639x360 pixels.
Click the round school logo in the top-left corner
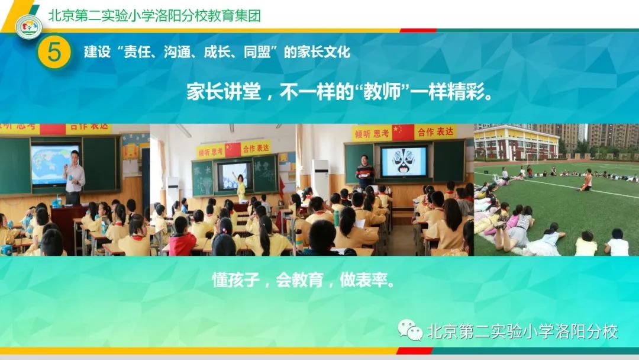click(28, 27)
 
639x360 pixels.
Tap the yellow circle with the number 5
click(54, 52)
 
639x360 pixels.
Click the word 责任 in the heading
click(131, 52)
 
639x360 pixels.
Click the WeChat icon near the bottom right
click(409, 330)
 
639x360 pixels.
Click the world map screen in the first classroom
click(54, 164)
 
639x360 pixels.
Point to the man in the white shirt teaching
click(74, 175)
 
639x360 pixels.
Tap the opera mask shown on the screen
click(404, 161)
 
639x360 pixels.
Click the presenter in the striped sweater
click(364, 172)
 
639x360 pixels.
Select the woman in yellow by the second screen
click(241, 186)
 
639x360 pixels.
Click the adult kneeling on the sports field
click(586, 180)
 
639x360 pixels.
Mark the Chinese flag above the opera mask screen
click(403, 132)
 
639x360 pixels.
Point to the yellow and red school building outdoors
click(516, 143)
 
